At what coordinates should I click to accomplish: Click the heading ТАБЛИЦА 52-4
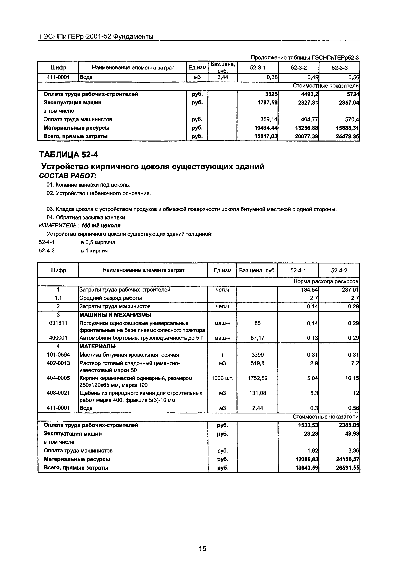tap(69, 155)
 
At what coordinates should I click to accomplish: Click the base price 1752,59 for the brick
tap(257, 378)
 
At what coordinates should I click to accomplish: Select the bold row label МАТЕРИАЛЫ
tap(97, 346)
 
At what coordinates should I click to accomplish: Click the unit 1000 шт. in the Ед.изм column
tap(222, 378)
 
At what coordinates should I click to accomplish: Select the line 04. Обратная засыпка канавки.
tap(86, 218)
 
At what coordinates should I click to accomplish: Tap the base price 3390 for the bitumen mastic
tap(257, 355)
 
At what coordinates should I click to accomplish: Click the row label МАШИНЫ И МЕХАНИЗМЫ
tap(115, 315)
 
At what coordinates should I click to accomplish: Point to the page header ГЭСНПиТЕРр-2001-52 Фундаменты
tap(96, 37)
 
